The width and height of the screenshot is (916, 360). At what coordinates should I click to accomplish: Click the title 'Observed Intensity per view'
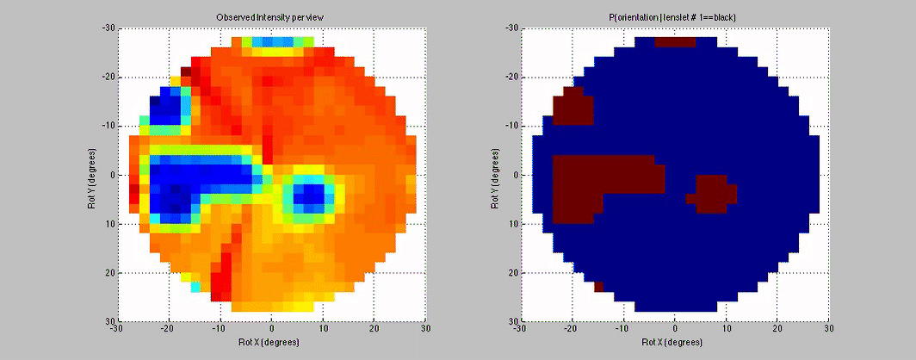pos(270,17)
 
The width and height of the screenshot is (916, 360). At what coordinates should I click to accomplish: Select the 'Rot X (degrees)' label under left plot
pos(270,341)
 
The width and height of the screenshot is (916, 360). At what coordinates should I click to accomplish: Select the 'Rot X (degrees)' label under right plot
pos(674,341)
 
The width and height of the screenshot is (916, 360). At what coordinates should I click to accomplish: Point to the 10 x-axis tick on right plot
pos(726,329)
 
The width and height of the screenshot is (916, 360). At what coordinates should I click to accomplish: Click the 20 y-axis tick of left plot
pos(111,273)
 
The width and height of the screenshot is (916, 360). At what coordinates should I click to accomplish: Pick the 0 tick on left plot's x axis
pos(271,329)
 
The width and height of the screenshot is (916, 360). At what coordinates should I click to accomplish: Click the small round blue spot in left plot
pos(308,194)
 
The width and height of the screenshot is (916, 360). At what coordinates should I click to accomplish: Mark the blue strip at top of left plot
pos(272,42)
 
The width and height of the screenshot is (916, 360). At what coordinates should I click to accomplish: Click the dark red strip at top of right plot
pos(675,42)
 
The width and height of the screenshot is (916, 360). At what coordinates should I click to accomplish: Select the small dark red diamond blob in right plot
pos(711,194)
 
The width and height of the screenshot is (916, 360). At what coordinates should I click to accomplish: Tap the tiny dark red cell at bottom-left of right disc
pos(598,287)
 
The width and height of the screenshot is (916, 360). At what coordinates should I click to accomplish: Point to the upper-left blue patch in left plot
pos(165,107)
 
